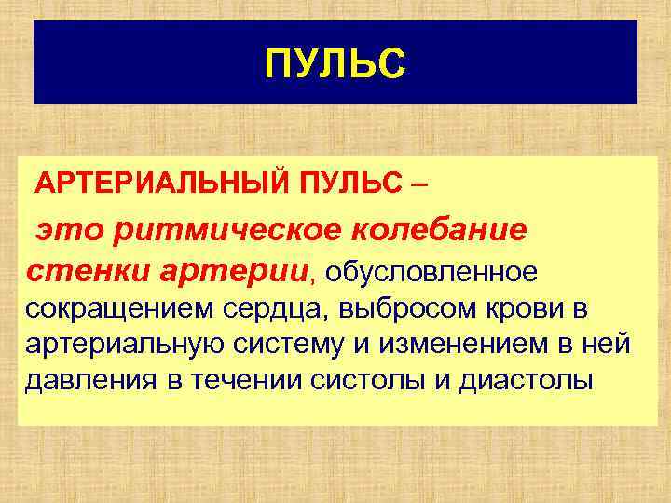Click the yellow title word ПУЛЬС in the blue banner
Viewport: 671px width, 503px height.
coord(335,64)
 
